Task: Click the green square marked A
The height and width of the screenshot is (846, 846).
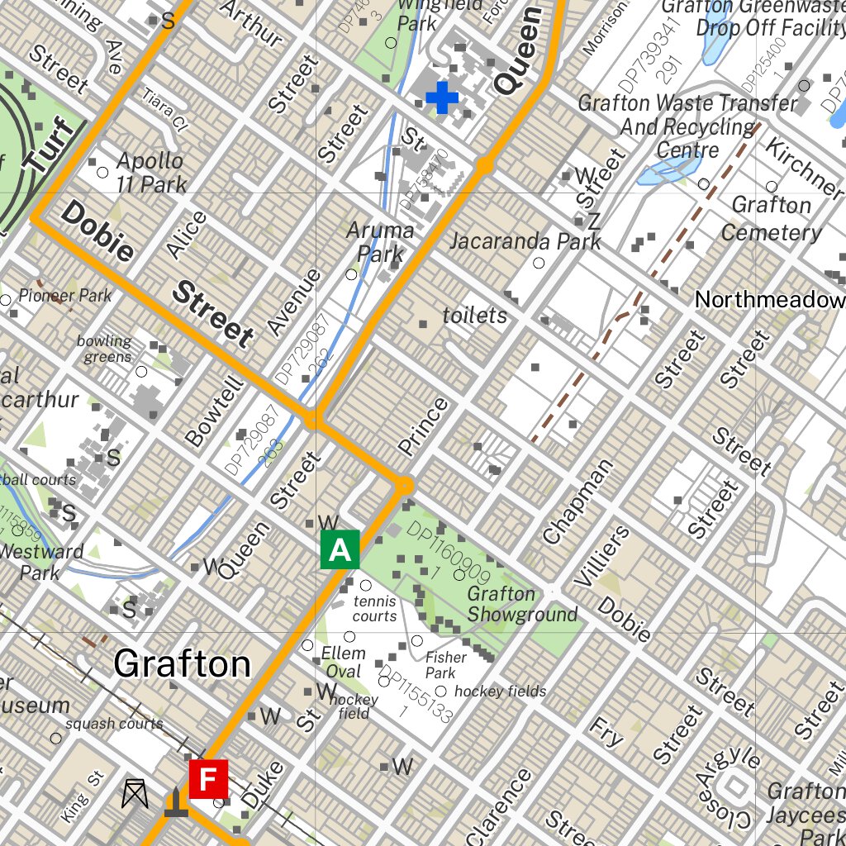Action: [x=340, y=549]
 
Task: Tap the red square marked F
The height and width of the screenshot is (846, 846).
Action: [x=208, y=779]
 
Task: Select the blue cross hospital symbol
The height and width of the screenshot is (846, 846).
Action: [x=442, y=97]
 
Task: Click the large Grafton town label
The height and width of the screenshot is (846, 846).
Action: [x=182, y=663]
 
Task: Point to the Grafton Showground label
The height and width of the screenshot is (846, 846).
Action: [x=522, y=604]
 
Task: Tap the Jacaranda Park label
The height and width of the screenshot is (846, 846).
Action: [x=525, y=241]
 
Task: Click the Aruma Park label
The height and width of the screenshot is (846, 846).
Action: [x=380, y=242]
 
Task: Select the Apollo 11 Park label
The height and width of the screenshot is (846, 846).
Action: [x=151, y=172]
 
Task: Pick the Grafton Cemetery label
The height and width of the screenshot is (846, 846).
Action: [x=771, y=218]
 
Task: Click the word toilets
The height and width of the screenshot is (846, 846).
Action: [x=475, y=316]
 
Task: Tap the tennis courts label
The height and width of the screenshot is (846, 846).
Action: [x=374, y=609]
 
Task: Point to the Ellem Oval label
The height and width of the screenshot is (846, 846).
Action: [x=343, y=662]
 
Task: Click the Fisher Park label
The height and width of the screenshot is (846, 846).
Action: [x=446, y=665]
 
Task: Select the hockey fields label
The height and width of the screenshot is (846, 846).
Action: [x=500, y=692]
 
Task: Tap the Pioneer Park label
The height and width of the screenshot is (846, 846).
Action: [x=64, y=295]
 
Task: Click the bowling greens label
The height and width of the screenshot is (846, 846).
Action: [x=105, y=349]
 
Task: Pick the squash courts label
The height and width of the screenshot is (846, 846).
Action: [x=114, y=724]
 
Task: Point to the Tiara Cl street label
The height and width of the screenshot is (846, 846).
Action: [x=166, y=111]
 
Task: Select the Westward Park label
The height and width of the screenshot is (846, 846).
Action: [x=41, y=562]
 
